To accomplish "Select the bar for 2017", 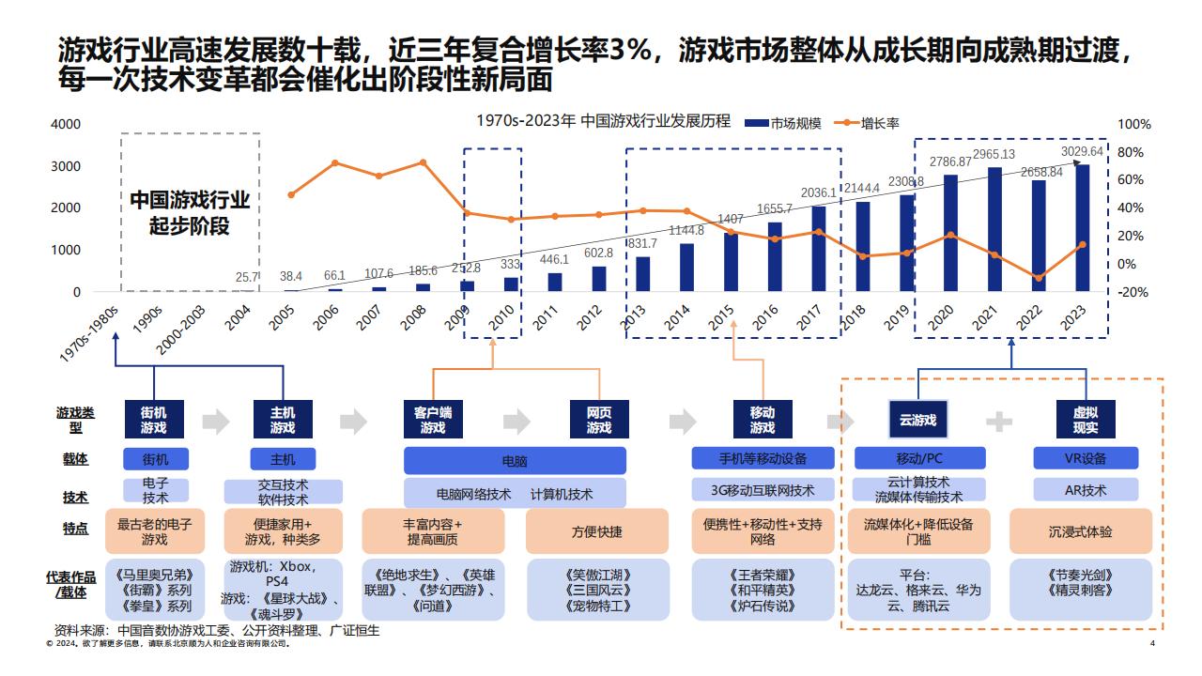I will pos(819,249).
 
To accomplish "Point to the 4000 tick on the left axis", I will pos(65,124).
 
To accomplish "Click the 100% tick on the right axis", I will pos(1133,124).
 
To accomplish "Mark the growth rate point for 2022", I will pos(1039,278).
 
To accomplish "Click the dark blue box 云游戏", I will pos(917,420).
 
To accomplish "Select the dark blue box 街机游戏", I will pos(154,420).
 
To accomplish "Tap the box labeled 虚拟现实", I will pos(1086,420).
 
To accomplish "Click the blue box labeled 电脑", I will pos(515,461).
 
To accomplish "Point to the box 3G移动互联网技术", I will pos(763,490).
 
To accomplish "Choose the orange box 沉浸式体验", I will pos(1080,531).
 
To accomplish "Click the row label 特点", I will pos(75,528).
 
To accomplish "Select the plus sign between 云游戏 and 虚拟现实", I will pos(999,422).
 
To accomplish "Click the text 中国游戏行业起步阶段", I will pos(190,213).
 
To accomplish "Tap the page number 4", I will pos(1152,644).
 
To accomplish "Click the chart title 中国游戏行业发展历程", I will pos(603,122).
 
